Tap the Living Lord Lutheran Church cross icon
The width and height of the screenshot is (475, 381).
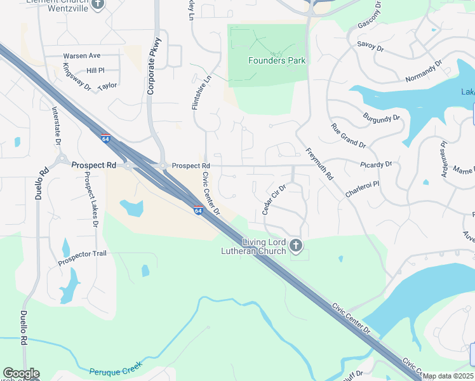pyautogui.click(x=295, y=245)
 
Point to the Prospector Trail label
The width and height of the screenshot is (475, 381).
pyautogui.click(x=83, y=253)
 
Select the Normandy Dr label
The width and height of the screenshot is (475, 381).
pyautogui.click(x=424, y=73)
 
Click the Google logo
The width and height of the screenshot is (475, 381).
pyautogui.click(x=21, y=373)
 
